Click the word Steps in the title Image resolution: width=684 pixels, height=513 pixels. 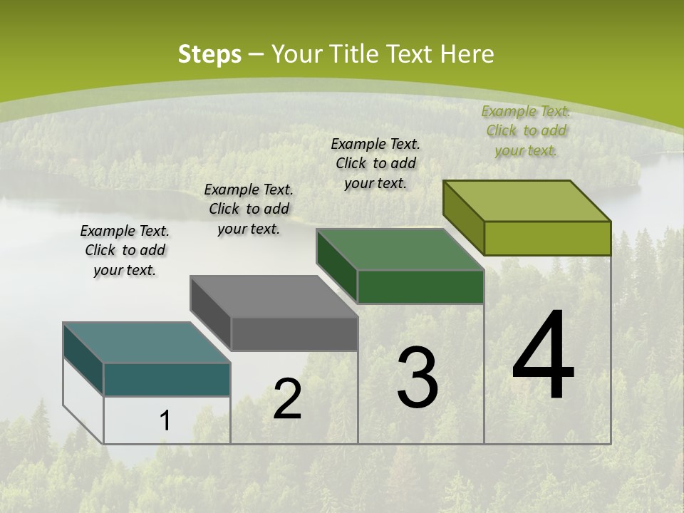[x=209, y=55]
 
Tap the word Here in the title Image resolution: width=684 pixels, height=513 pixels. [x=466, y=55]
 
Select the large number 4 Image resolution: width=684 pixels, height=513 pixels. [x=543, y=356]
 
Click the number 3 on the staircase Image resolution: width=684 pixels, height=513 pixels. [x=418, y=378]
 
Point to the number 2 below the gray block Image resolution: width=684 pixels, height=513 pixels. [x=287, y=399]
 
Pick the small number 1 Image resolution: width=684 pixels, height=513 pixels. [x=165, y=420]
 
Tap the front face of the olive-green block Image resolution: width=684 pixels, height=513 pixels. [x=547, y=238]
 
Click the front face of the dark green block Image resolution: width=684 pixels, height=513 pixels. [x=420, y=286]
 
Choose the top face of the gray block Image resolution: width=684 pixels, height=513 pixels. [x=274, y=296]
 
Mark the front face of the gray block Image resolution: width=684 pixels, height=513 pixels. [x=294, y=333]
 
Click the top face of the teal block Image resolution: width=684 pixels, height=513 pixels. [x=147, y=343]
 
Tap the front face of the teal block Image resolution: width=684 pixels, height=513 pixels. [x=167, y=379]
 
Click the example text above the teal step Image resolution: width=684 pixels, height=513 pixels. [x=125, y=250]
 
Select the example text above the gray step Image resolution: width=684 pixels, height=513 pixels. [x=249, y=209]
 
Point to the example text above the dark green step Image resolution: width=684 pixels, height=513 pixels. [x=375, y=163]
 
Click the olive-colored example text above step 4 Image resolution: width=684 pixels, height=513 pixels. [x=526, y=130]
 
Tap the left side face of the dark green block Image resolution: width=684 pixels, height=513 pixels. [x=336, y=265]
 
